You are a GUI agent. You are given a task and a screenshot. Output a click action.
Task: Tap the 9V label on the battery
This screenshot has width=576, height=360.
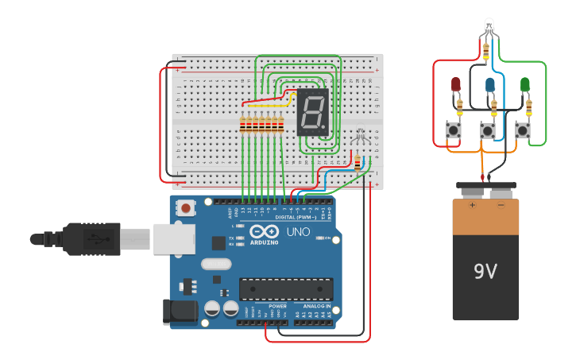[485, 272]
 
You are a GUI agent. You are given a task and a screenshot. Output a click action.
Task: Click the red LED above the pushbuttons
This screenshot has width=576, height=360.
[456, 84]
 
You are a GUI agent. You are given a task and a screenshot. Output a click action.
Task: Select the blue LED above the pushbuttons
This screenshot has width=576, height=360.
[490, 85]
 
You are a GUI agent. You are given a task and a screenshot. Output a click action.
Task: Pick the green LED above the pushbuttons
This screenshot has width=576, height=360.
[524, 84]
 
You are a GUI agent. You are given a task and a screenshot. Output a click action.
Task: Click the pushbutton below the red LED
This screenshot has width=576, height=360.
[454, 130]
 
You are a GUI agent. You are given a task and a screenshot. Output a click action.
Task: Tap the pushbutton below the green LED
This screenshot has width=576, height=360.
[523, 130]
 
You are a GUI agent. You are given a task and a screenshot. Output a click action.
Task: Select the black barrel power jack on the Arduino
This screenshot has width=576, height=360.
[179, 312]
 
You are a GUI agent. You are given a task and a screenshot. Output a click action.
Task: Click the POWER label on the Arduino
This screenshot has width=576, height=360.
[277, 306]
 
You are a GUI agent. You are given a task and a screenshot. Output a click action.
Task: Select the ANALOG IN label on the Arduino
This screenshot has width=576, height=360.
[316, 306]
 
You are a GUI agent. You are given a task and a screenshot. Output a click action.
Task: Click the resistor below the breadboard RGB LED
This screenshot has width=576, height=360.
[358, 162]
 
